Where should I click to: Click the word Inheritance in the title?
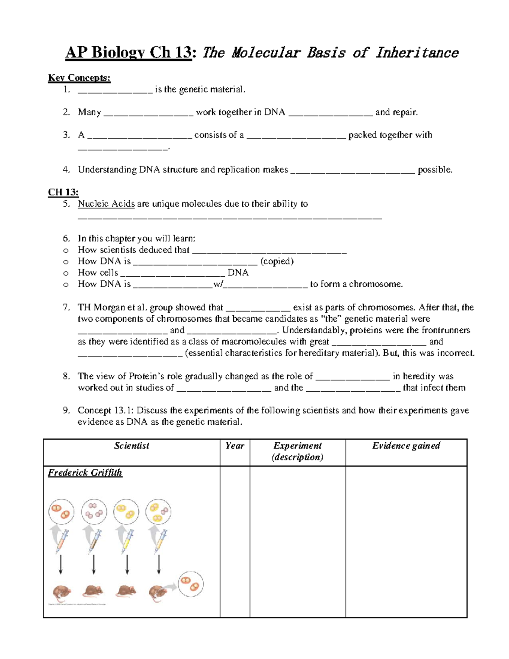(417, 53)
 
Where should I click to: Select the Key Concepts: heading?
(79, 78)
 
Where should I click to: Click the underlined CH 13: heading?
(63, 192)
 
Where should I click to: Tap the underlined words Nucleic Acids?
(106, 204)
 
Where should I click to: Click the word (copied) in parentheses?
(277, 261)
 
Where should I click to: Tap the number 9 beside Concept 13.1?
(66, 410)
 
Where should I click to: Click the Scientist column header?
(131, 446)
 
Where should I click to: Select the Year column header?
(235, 446)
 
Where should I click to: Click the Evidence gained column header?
(406, 446)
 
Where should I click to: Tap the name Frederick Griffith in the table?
(85, 473)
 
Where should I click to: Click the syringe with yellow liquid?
(127, 541)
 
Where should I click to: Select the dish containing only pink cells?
(94, 511)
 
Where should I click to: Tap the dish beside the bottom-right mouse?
(190, 584)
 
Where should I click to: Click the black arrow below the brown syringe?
(94, 564)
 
